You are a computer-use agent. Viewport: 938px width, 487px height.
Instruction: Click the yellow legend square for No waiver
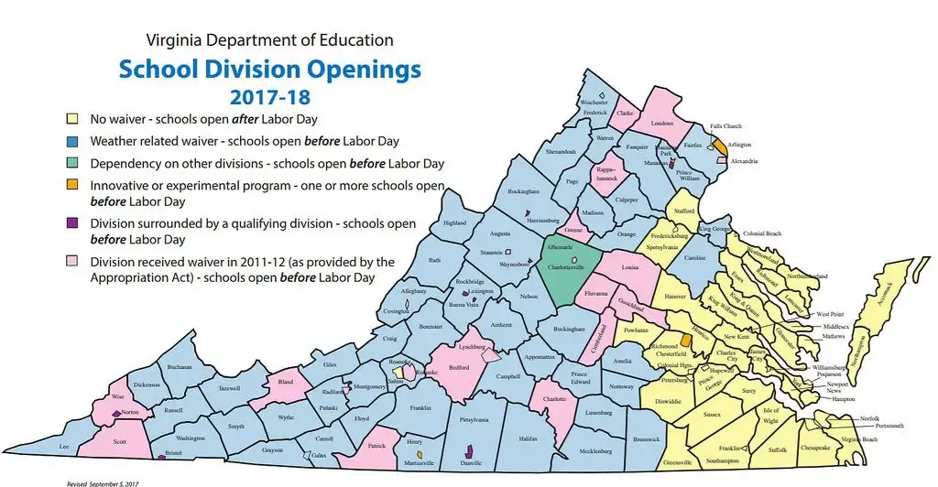(x=71, y=119)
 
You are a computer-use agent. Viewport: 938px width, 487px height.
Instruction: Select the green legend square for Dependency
(x=71, y=163)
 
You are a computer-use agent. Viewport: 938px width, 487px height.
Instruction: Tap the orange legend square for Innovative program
(x=71, y=186)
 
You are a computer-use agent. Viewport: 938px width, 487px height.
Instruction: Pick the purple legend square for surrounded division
(x=71, y=224)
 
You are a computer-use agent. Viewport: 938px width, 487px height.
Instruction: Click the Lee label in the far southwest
(x=64, y=446)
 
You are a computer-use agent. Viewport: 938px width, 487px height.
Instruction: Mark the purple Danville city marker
(x=470, y=450)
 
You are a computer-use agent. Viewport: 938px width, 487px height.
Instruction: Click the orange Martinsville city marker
(x=419, y=454)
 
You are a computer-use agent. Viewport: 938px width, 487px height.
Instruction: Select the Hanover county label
(x=675, y=297)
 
